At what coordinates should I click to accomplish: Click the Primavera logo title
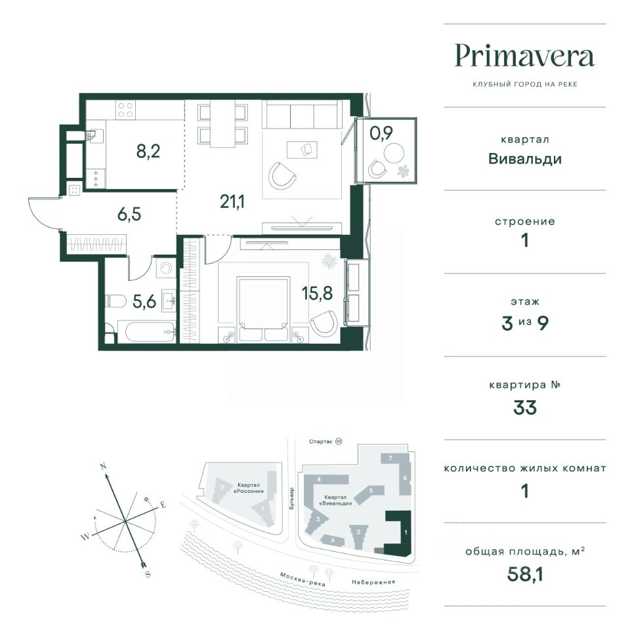coord(524,56)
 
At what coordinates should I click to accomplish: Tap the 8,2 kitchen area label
coord(148,152)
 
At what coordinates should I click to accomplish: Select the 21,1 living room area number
coord(232,201)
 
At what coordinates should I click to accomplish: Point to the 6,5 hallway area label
coord(129,214)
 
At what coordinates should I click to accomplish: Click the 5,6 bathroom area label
coord(144,301)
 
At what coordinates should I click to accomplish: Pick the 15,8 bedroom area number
coord(317,293)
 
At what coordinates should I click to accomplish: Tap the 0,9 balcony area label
coord(381,133)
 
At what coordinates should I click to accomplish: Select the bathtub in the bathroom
coord(150,332)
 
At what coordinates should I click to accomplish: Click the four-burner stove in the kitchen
coord(126,110)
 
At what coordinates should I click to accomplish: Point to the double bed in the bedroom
coord(263,309)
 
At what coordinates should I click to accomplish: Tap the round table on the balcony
coord(394,153)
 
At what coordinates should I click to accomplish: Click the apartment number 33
coord(525,408)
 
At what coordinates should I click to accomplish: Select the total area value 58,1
coord(525,574)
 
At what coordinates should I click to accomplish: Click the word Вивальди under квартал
coord(525,159)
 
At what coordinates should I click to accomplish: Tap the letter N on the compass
coord(103,467)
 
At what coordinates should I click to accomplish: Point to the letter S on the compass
coord(148,574)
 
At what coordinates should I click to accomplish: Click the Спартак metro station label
coord(321,442)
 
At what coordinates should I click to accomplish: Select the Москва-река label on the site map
coord(303,579)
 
